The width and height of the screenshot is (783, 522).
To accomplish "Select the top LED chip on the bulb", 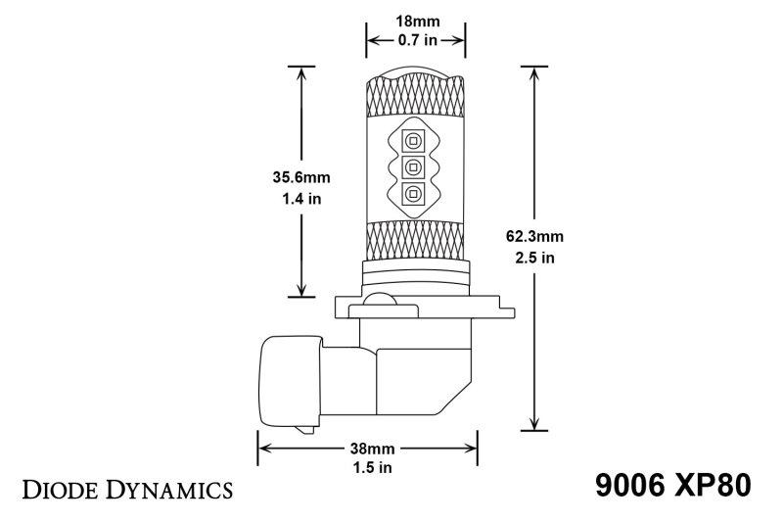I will click(x=411, y=139).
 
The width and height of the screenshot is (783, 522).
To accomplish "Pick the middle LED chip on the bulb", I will click(x=411, y=166).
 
